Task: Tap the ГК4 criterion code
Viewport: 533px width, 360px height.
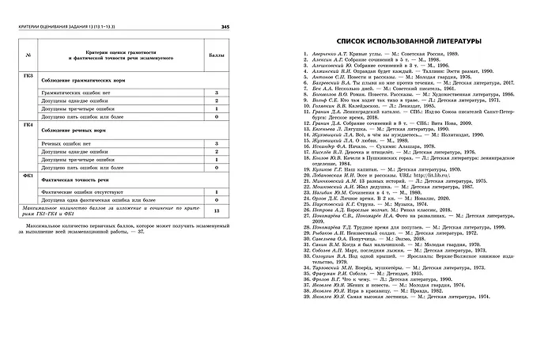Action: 28,124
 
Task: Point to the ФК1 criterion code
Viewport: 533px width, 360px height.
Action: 28,174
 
